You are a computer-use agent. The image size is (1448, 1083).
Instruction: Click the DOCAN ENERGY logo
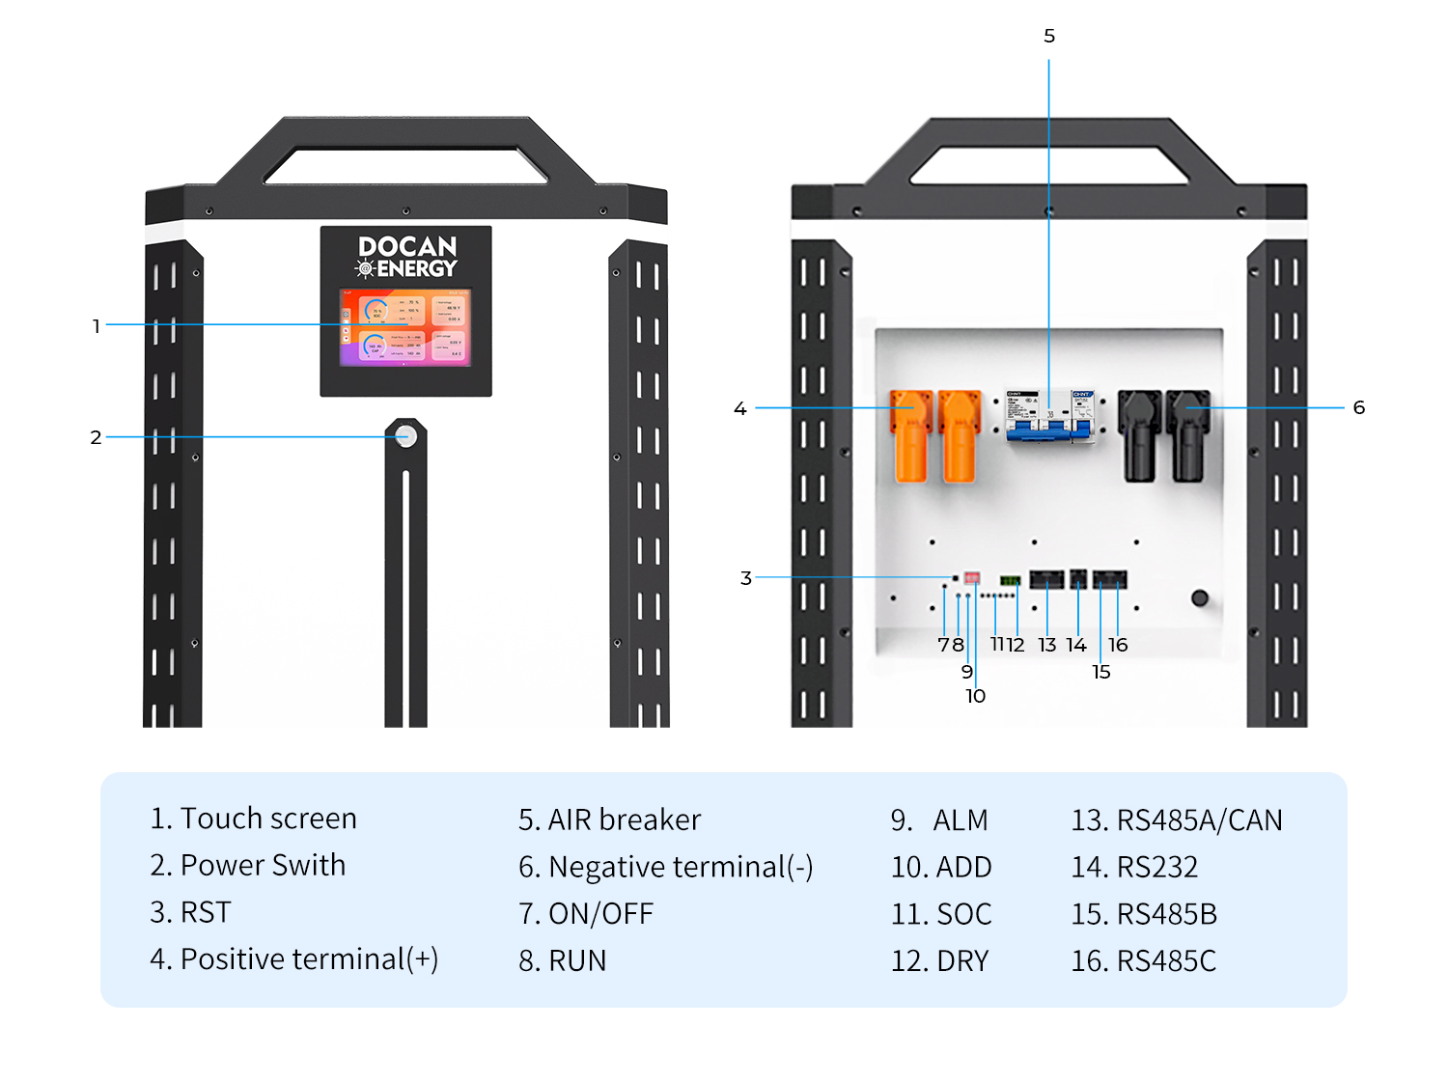pyautogui.click(x=406, y=257)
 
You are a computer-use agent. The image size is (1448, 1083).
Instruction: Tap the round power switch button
pyautogui.click(x=406, y=436)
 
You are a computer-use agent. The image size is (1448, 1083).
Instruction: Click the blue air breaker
pyautogui.click(x=1050, y=417)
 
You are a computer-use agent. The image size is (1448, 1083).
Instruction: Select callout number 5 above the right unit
pyautogui.click(x=1049, y=37)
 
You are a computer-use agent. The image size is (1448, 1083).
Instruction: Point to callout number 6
pyautogui.click(x=1359, y=407)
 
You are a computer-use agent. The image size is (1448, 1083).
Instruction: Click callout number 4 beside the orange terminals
pyautogui.click(x=740, y=408)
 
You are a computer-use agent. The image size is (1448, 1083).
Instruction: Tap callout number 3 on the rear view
pyautogui.click(x=745, y=578)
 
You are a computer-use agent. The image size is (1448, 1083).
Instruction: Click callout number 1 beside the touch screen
pyautogui.click(x=97, y=326)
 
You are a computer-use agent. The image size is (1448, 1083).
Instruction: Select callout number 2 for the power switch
pyautogui.click(x=96, y=437)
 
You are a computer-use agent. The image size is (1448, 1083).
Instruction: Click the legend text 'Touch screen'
pyautogui.click(x=267, y=819)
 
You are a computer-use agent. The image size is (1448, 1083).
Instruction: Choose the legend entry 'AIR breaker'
pyautogui.click(x=624, y=819)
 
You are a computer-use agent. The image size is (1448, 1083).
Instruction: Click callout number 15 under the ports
pyautogui.click(x=1101, y=672)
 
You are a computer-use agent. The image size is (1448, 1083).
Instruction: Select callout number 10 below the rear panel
pyautogui.click(x=975, y=696)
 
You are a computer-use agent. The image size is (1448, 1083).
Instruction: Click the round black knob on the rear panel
pyautogui.click(x=1200, y=597)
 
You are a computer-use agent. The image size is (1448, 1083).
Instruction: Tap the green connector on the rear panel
pyautogui.click(x=1010, y=581)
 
